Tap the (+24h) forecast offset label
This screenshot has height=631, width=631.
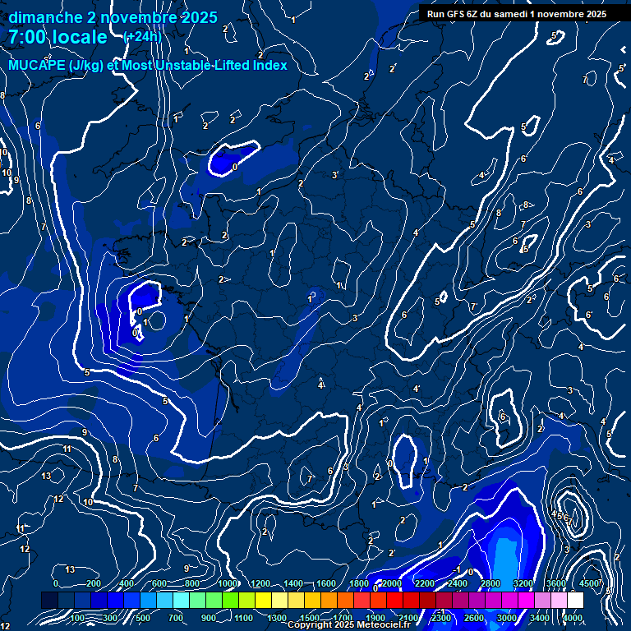pyautogui.click(x=142, y=37)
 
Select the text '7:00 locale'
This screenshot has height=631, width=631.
pyautogui.click(x=58, y=37)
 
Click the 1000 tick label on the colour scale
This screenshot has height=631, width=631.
pyautogui.click(x=227, y=583)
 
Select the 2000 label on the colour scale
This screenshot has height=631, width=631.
pyautogui.click(x=392, y=583)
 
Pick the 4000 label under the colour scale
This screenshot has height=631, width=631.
pyautogui.click(x=573, y=618)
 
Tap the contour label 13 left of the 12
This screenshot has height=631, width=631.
pyautogui.click(x=47, y=477)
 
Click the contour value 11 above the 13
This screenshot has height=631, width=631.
pyautogui.click(x=67, y=449)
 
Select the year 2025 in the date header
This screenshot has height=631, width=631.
pyautogui.click(x=199, y=17)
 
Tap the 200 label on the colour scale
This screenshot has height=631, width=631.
pyautogui.click(x=94, y=583)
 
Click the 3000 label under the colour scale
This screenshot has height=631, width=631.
pyautogui.click(x=507, y=618)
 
